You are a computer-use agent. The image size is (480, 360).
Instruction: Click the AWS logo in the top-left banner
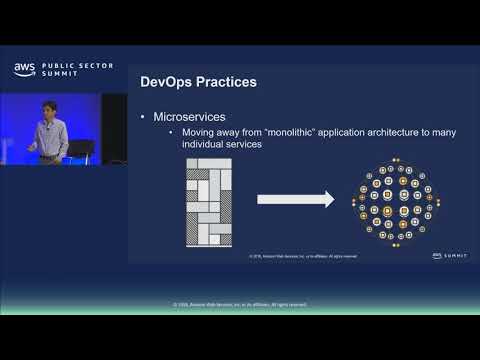[23, 69]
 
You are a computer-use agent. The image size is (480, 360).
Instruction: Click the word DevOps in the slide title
[167, 80]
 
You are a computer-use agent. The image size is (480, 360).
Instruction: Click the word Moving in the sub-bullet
[196, 133]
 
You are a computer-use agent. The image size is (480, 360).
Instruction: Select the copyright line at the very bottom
[239, 303]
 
